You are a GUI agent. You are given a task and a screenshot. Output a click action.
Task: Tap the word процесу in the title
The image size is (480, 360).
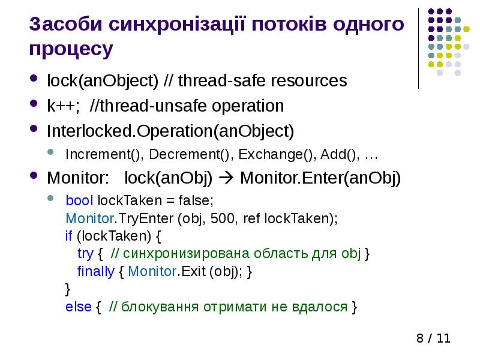coord(71,49)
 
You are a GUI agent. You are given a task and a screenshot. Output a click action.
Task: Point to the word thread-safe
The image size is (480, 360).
coord(217,80)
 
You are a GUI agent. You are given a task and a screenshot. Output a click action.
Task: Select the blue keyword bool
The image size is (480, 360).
coord(80,200)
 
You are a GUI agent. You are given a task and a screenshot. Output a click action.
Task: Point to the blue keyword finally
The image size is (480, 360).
coord(95,271)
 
